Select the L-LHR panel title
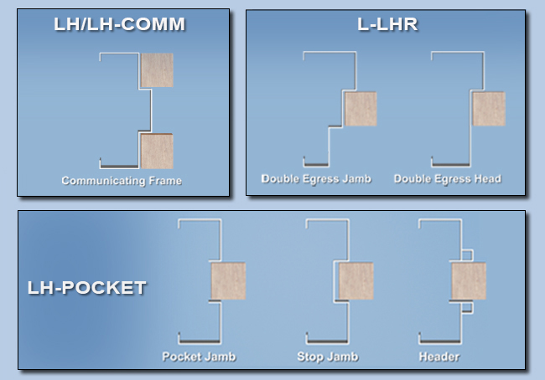[x=387, y=23]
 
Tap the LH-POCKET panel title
[x=87, y=288]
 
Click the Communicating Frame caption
[x=122, y=180]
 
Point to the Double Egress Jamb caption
[x=316, y=178]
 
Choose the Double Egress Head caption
[x=447, y=178]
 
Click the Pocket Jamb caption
[x=199, y=357]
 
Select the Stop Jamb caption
[x=327, y=357]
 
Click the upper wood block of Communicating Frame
[x=157, y=70]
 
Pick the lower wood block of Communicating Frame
[x=157, y=151]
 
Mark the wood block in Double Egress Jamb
[x=360, y=109]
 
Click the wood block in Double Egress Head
[x=489, y=109]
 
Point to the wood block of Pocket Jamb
[x=228, y=281]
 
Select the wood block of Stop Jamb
[x=356, y=281]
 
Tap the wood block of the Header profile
[x=469, y=281]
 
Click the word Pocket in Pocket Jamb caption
[x=184, y=357]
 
